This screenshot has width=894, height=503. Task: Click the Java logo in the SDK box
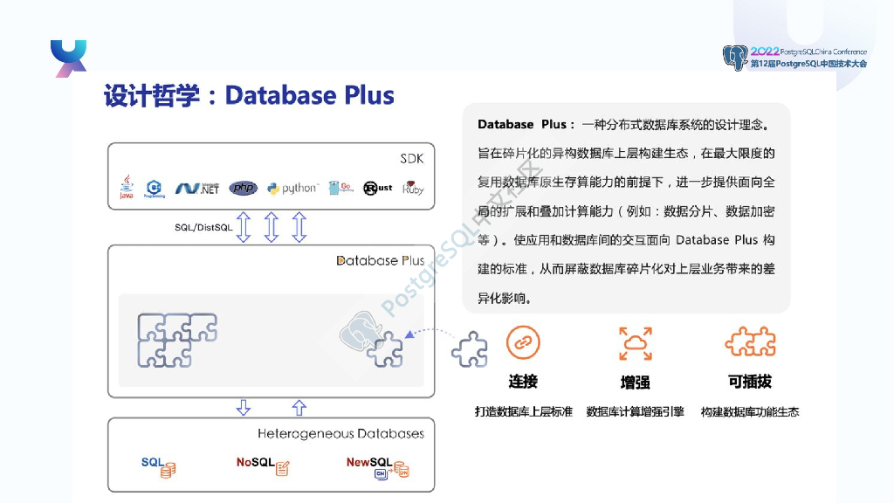(127, 187)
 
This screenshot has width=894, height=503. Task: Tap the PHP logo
(244, 188)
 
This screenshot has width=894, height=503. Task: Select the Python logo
(293, 188)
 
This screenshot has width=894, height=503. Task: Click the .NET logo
(197, 188)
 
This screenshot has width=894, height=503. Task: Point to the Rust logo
(378, 188)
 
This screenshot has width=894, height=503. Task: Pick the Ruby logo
(413, 188)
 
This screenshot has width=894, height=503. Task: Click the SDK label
(411, 158)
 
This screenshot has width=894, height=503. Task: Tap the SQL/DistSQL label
(203, 227)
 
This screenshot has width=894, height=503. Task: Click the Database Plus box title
(381, 260)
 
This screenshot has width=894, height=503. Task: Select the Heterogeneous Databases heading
(340, 433)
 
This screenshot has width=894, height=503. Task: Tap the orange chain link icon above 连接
(523, 343)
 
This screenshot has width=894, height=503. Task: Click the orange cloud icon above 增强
(635, 343)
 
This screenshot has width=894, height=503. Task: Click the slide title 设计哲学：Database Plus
(249, 95)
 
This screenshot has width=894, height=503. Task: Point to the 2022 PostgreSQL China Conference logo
(794, 58)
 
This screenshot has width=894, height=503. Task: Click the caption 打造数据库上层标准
(523, 411)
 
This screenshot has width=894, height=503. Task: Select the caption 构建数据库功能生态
(749, 411)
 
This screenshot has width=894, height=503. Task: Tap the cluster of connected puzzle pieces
(176, 339)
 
